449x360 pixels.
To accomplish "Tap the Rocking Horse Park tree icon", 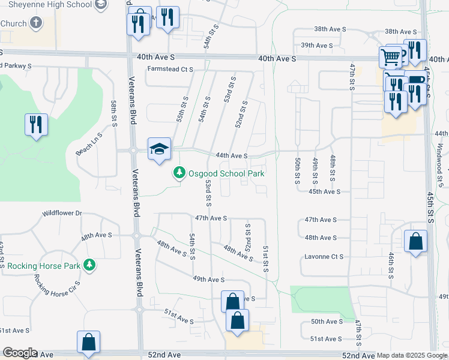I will [x=89, y=265].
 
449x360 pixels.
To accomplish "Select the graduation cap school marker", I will [x=160, y=149].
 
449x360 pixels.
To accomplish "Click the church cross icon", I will [x=36, y=23].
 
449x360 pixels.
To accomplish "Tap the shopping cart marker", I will [x=391, y=58].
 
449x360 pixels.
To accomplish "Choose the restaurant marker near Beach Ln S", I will [x=36, y=124].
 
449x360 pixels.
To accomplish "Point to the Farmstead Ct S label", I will [x=170, y=70].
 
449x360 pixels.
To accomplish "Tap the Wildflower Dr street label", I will [x=61, y=214].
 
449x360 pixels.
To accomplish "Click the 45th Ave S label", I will [x=324, y=192].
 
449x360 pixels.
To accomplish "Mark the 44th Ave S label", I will [x=232, y=156].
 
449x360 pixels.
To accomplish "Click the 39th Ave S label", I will [x=316, y=46].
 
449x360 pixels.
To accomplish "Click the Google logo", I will [x=20, y=353].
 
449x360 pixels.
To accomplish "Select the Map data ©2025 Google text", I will [x=412, y=355].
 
